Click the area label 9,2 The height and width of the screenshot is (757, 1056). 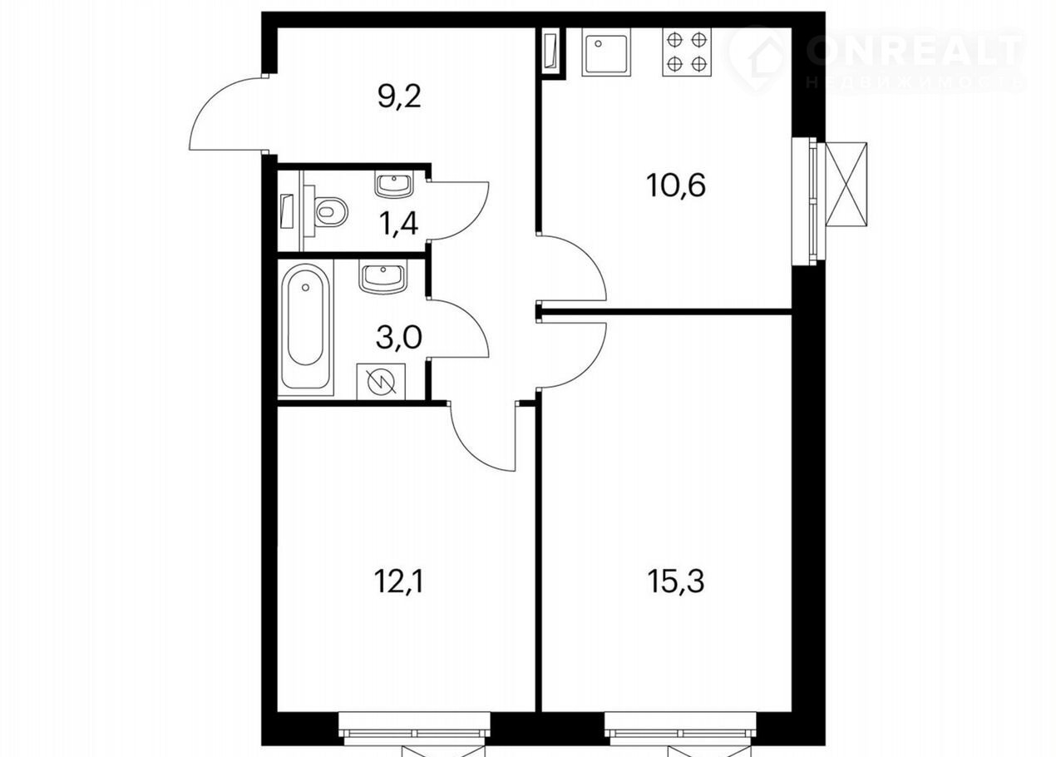point(399,96)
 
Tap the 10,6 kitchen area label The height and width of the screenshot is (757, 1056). point(676,185)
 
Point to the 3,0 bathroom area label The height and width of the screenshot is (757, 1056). point(399,337)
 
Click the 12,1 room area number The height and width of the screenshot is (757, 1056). point(399,581)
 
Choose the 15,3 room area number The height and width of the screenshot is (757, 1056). point(676,581)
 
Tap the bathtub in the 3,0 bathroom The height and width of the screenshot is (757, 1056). point(305,327)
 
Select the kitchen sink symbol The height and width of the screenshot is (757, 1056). point(606,52)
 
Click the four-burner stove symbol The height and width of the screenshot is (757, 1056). point(687,52)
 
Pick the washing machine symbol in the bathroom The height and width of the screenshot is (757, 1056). point(381,381)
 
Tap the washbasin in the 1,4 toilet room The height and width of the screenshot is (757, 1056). point(393,184)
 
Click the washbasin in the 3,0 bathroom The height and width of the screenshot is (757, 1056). point(382,280)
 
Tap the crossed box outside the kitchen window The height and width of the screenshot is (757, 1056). point(846,185)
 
